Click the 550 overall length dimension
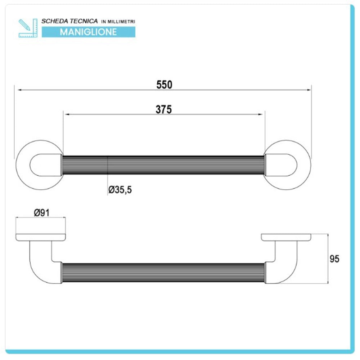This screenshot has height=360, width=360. [164, 85]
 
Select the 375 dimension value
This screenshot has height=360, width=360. [164, 109]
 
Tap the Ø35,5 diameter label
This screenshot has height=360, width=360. [120, 190]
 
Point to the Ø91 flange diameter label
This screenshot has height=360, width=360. [41, 213]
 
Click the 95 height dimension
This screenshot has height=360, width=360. [334, 259]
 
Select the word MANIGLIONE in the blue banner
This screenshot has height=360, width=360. [89, 32]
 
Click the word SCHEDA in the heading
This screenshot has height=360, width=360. [55, 21]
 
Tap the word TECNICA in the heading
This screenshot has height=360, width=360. [84, 21]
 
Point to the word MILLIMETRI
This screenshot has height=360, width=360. [121, 22]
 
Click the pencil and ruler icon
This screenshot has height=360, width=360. [28, 28]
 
